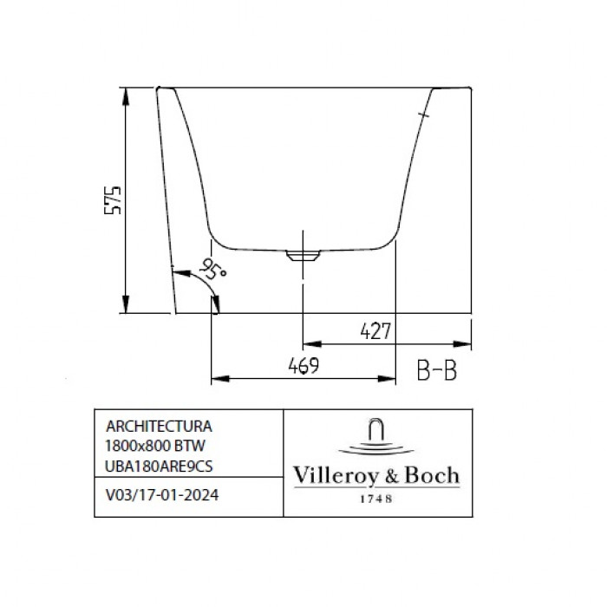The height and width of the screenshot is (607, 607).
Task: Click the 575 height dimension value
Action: point(113,200)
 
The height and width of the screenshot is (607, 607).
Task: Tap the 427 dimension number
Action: point(375,331)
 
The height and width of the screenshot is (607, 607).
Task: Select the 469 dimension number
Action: point(303,365)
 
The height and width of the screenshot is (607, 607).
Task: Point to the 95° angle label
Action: point(212,268)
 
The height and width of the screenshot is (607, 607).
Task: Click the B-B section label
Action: point(437,370)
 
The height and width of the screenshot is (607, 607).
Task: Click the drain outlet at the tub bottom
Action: point(303,255)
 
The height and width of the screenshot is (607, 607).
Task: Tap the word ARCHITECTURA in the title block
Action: point(159,427)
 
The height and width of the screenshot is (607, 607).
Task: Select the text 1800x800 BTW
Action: point(155,446)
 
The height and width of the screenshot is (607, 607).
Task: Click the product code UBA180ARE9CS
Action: point(159,467)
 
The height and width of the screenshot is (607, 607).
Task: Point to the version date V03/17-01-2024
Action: point(162,495)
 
